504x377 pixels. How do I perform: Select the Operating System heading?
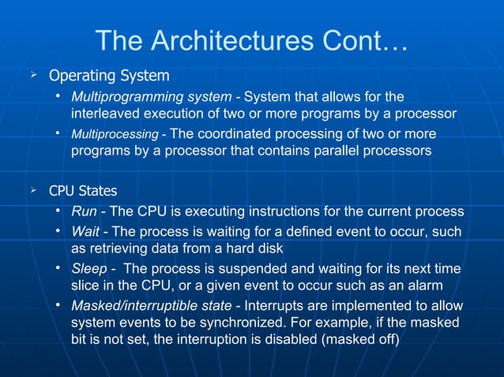[109, 77]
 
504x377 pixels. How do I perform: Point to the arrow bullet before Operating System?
[33, 76]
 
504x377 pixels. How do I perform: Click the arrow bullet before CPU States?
[33, 191]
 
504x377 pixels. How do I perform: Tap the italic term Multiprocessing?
[115, 134]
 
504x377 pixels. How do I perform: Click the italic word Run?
[85, 213]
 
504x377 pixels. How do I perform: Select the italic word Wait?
[85, 231]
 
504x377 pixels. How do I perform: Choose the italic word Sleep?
[89, 269]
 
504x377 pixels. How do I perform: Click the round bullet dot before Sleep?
[58, 267]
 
